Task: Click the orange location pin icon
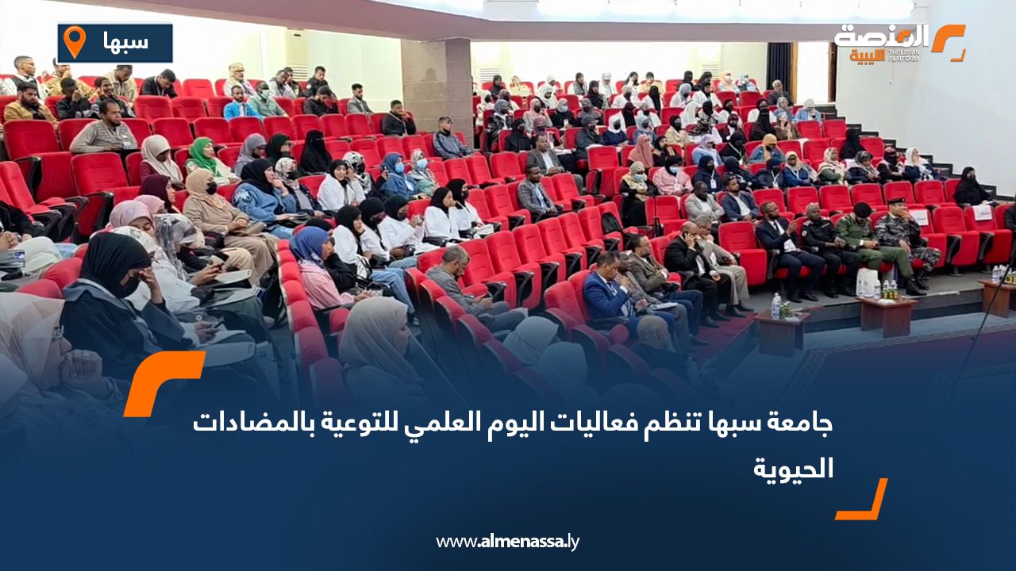click(x=74, y=42)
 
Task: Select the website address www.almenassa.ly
click(x=508, y=542)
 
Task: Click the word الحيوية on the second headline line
click(x=794, y=467)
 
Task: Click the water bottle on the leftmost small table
click(x=775, y=305)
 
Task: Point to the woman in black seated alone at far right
click(x=970, y=189)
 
